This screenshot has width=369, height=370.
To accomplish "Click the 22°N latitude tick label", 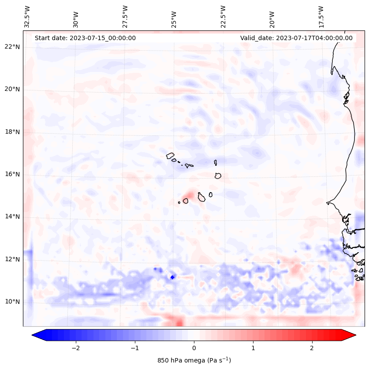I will [12, 47].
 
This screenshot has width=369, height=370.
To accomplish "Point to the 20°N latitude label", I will [12, 89].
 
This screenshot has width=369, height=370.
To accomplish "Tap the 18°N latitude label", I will [12, 132].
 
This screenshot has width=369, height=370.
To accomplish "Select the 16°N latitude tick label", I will [12, 174].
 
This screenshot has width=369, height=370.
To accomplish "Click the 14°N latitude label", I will [12, 217].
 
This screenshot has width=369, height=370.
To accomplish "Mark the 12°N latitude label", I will [12, 259].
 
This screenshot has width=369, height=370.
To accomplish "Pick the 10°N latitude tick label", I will [12, 302].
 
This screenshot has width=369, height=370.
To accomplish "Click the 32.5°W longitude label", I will [27, 16].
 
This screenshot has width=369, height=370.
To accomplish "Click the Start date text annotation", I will [85, 38].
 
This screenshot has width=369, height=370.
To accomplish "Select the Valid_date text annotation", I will [296, 38].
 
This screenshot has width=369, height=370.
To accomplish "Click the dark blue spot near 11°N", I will [172, 277].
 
